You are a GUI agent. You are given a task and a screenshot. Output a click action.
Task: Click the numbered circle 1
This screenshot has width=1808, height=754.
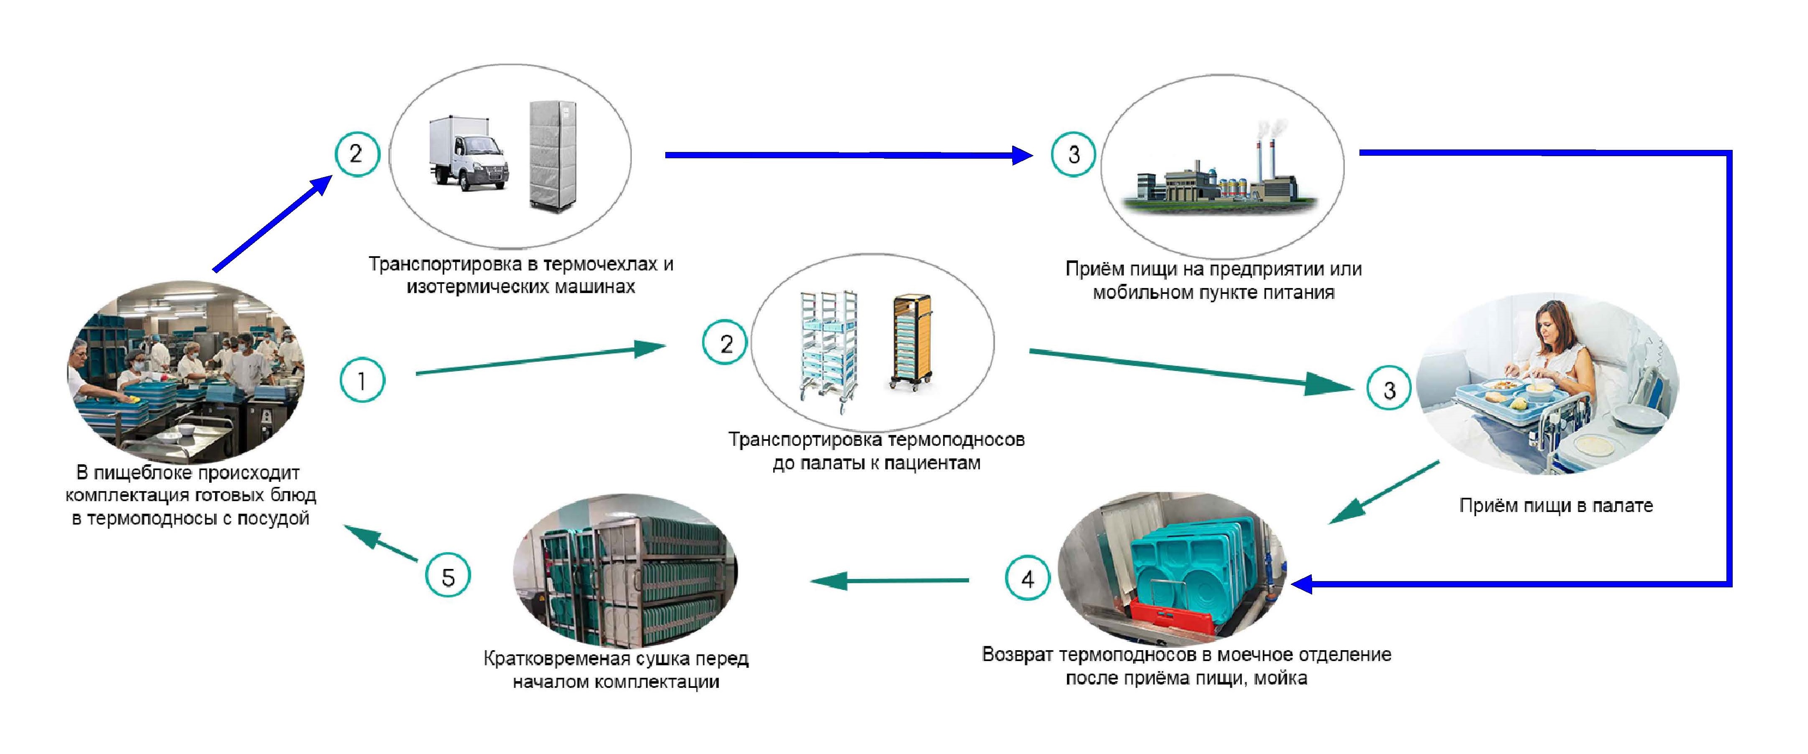pos(362,381)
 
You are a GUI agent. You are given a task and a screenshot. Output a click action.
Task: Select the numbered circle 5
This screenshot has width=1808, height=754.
pos(448,577)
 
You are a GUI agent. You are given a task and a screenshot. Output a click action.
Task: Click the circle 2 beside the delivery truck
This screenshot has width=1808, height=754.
pos(356,154)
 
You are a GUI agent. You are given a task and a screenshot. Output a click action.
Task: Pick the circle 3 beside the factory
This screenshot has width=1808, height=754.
pos(1073,154)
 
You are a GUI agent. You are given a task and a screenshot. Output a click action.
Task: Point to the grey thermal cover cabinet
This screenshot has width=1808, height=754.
pos(552,155)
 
